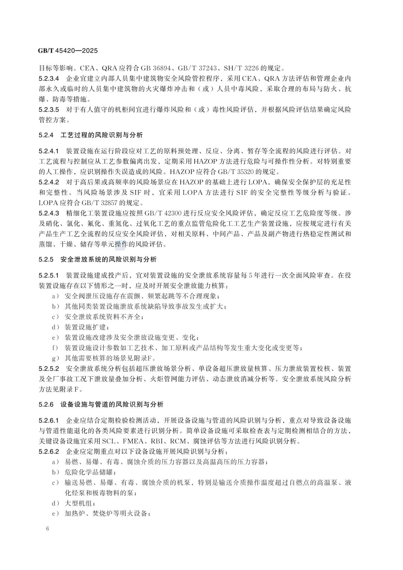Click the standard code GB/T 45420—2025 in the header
tap(68, 50)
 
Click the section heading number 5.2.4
tap(46, 135)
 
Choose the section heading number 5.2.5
tap(46, 259)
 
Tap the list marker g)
tap(56, 358)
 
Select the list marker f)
tap(56, 348)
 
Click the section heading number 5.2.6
tap(46, 404)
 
